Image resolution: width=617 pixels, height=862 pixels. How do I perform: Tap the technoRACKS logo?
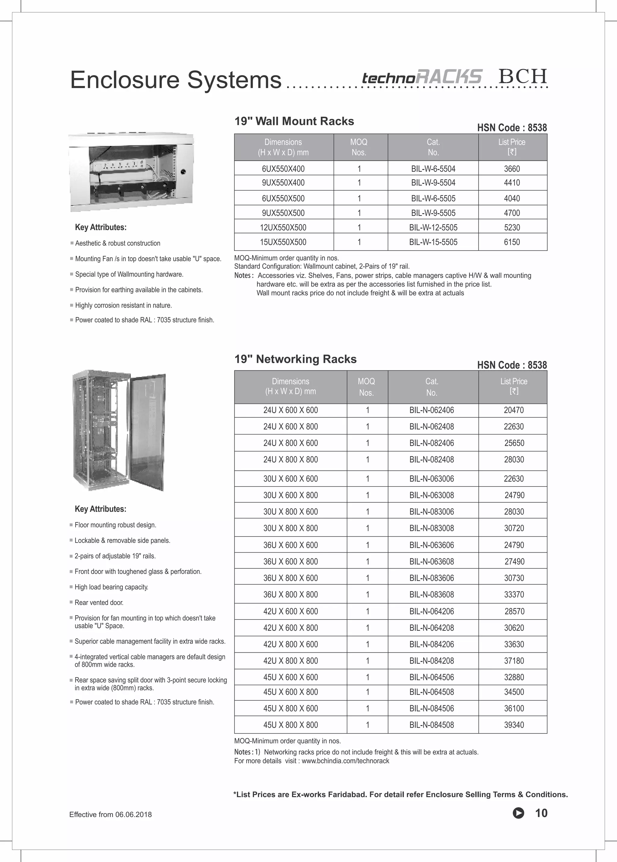pos(422,77)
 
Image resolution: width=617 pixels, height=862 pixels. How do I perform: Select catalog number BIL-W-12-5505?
pos(433,227)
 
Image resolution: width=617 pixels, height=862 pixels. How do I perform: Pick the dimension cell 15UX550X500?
pos(283,242)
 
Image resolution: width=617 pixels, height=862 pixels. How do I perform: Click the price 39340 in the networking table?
pos(514,724)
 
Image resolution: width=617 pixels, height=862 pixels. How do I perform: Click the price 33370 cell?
pos(514,594)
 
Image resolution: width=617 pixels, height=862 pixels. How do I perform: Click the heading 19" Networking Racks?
pos(296,359)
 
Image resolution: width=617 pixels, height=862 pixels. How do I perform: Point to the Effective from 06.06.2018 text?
pos(111,814)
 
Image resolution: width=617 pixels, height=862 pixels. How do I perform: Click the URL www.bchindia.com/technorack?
pos(345,761)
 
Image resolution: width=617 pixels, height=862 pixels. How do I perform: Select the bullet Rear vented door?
pos(99,602)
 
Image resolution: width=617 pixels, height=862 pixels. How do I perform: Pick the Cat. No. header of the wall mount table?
pos(433,147)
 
